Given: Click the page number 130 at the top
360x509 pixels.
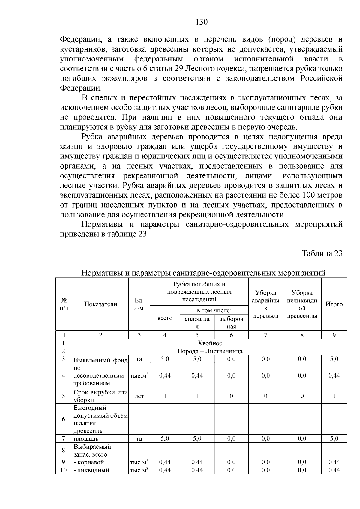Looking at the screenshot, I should (x=201, y=22).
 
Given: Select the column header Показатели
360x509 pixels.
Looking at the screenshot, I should (x=100, y=304).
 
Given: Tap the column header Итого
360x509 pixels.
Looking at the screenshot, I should (x=334, y=304).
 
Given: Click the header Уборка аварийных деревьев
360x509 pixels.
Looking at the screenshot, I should (x=265, y=304).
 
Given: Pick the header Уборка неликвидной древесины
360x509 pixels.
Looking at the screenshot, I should (x=302, y=304).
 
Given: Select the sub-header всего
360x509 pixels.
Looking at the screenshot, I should (x=165, y=318).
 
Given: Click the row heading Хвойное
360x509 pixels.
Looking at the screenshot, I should (x=210, y=343).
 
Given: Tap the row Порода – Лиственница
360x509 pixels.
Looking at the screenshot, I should (x=210, y=351).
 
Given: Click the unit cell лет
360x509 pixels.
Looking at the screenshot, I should (x=139, y=396).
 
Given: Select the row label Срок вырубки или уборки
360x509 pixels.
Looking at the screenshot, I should (x=100, y=396).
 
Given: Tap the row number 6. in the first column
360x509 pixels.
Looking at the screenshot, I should (x=64, y=419).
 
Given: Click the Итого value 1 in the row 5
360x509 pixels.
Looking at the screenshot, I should (x=334, y=396).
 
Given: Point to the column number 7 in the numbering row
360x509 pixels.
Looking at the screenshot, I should (x=265, y=335).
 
